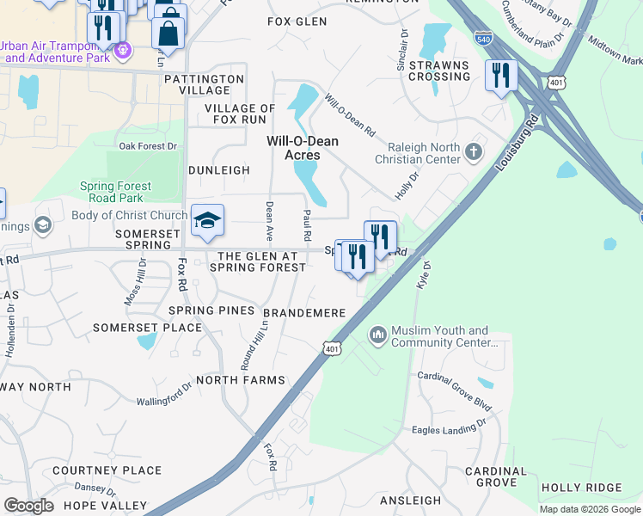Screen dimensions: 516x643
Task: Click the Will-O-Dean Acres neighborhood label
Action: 303,148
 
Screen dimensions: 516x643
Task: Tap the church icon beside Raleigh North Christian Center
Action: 473,152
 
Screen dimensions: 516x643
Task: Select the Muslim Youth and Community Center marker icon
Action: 377,334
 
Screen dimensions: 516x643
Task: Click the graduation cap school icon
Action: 207,222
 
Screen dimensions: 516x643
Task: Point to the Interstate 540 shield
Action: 484,38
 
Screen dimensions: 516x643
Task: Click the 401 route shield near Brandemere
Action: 333,347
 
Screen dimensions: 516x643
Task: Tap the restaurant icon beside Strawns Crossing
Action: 499,76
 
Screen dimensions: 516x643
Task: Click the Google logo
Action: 29,505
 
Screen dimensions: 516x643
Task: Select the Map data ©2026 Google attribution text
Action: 590,509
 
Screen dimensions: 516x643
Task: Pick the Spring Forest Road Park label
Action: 115,192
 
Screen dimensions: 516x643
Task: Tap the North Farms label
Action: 240,380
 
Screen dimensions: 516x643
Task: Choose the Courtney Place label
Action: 107,470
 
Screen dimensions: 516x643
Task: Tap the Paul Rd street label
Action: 307,224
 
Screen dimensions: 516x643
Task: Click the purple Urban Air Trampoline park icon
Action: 123,51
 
